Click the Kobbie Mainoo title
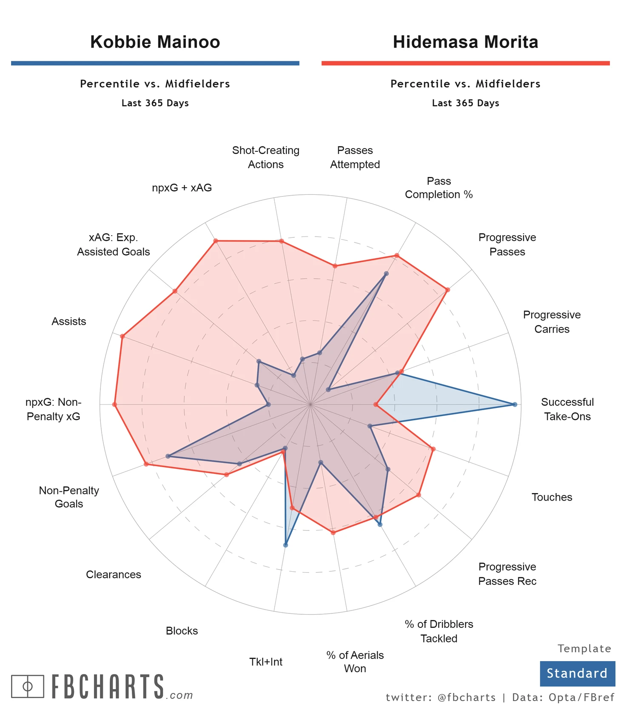[155, 42]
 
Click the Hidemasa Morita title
[465, 42]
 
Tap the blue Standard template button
[577, 673]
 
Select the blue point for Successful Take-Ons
[515, 405]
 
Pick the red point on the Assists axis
[122, 336]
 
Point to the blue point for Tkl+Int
[285, 545]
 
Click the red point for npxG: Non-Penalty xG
[114, 405]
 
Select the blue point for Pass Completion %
[386, 274]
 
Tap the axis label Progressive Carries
[552, 322]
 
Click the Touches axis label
[552, 497]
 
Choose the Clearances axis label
[114, 575]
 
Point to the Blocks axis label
[182, 631]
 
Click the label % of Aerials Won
[355, 662]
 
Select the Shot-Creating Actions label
[266, 157]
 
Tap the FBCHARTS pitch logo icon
[28, 686]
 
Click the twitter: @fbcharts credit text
[441, 698]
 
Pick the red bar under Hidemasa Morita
[465, 63]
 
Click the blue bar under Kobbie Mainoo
[155, 63]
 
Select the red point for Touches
[433, 449]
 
